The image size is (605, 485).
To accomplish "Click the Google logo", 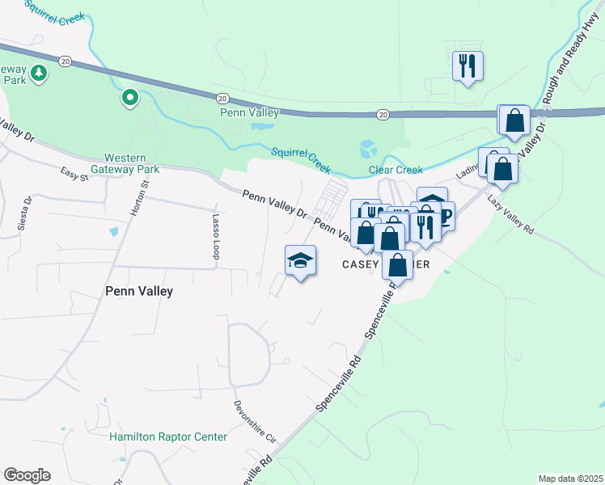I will [x=27, y=475].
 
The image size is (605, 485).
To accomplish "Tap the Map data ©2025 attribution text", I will [x=571, y=479].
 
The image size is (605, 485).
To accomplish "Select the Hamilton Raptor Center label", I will [x=168, y=437].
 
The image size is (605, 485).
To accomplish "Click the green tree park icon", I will [x=38, y=74].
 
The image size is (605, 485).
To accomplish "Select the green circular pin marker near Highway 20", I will [x=129, y=99].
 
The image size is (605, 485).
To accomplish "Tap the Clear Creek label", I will [x=396, y=170].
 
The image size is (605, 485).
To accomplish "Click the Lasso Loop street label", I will [x=216, y=237].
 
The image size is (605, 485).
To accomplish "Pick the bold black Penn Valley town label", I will [x=139, y=291].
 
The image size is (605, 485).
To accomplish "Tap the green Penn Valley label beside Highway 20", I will [x=250, y=112].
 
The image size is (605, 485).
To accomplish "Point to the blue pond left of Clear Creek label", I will [x=368, y=149].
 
